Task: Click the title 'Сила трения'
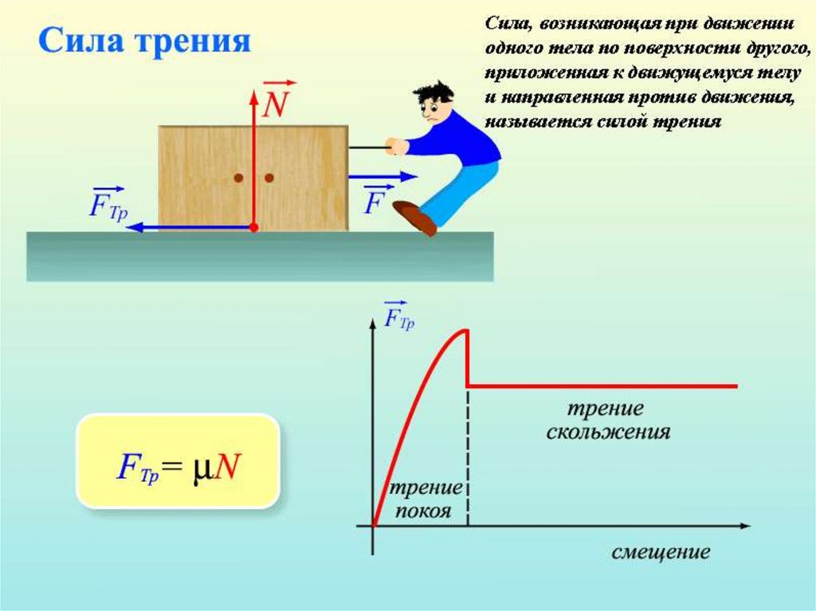tap(144, 41)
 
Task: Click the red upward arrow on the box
tap(253, 159)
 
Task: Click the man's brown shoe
tap(415, 217)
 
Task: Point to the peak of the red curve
tap(465, 331)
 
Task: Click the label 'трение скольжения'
tap(606, 421)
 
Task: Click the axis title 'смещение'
tap(661, 551)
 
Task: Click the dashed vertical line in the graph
tap(467, 462)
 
